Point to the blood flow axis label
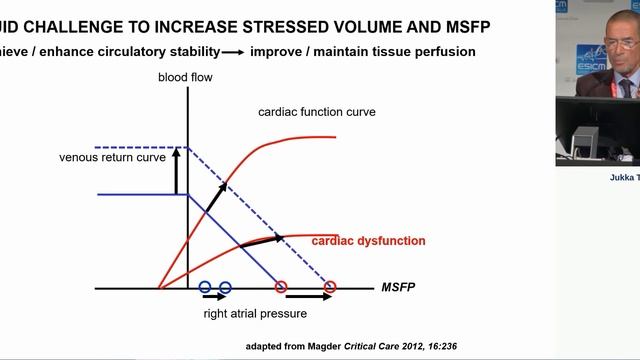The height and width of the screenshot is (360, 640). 186,78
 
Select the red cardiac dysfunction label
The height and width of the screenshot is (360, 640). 369,241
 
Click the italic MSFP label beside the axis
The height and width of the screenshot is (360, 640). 400,288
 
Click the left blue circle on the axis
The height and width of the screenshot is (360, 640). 205,288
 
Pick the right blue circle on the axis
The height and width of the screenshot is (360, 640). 224,288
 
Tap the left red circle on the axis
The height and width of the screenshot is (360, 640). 280,288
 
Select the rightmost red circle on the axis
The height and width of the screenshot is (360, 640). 330,288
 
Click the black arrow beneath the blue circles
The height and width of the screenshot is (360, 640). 215,298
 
